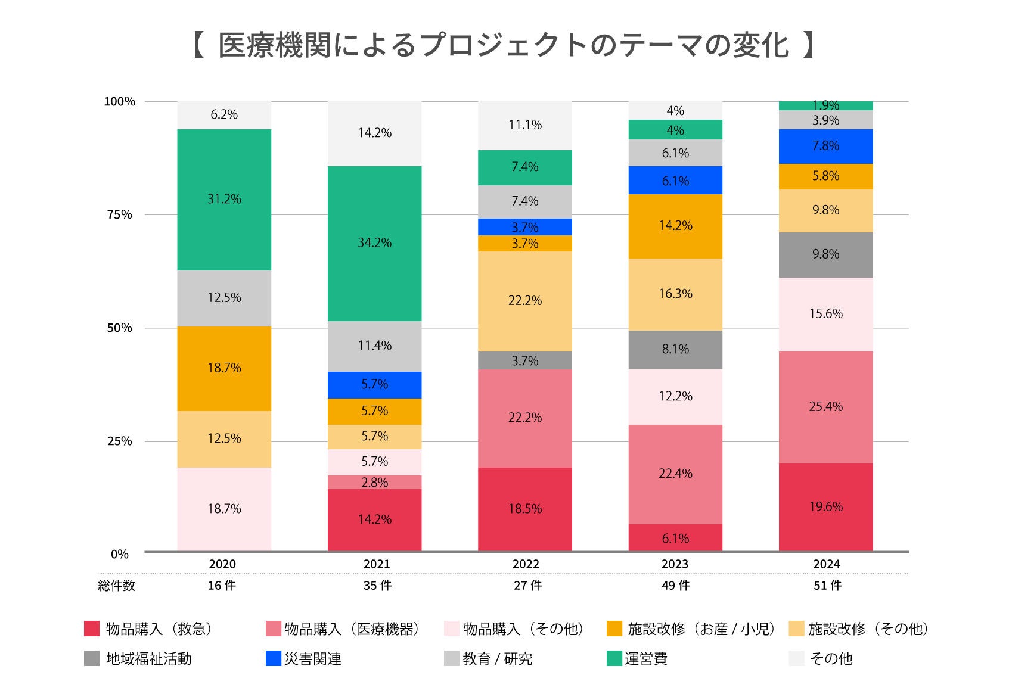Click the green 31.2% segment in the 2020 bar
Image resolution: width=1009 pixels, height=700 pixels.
(224, 200)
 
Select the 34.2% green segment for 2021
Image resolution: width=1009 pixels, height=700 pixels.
(374, 243)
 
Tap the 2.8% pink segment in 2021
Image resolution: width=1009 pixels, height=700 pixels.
(374, 483)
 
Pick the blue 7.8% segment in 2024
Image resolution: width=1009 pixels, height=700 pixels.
(825, 146)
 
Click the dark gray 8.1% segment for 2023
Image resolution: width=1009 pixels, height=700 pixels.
(675, 350)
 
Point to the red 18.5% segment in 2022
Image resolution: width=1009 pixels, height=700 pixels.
(524, 509)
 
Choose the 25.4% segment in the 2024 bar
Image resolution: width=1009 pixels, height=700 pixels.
(825, 407)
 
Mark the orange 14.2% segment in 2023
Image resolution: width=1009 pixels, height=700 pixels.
(675, 226)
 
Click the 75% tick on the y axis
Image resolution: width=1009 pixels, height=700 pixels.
(119, 215)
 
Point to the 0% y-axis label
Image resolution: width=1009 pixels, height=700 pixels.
(119, 554)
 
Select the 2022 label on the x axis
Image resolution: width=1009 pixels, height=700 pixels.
(525, 564)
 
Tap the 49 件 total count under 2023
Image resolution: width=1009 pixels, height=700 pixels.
(675, 586)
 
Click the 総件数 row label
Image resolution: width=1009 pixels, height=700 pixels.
(116, 586)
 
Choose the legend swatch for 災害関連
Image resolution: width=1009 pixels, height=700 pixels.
(273, 658)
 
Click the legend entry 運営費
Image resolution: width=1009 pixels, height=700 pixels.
(646, 658)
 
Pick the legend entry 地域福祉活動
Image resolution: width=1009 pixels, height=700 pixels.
(148, 658)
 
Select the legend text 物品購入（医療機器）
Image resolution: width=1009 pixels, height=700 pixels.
(352, 629)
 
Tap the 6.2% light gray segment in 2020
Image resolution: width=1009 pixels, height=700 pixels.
(224, 114)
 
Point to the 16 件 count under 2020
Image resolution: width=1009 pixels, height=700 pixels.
(222, 586)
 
